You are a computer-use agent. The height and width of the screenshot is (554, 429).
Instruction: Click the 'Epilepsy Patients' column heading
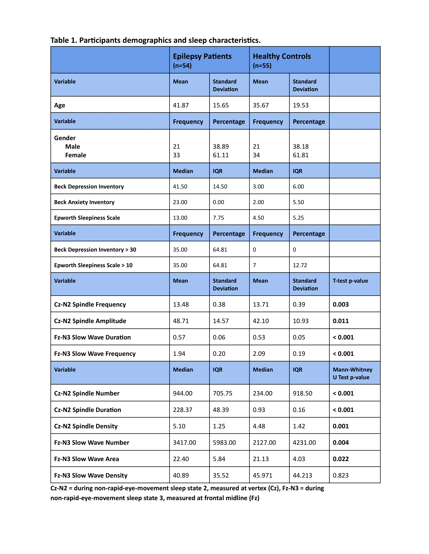202,56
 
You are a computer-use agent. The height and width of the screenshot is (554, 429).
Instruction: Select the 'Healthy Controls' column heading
282,56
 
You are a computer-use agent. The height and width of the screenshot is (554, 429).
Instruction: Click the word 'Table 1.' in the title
64,40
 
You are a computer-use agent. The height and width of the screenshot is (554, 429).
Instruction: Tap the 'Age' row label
60,105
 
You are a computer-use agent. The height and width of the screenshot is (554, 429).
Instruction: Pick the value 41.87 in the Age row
181,105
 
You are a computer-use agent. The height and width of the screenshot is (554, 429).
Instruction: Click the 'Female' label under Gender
75,155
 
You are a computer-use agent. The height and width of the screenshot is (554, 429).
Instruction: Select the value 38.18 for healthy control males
301,147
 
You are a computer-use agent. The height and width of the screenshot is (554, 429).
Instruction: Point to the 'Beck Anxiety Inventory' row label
84,202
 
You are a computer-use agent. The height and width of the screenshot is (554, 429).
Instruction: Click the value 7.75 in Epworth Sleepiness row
218,218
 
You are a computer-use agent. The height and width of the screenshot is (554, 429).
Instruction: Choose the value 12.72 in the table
300,265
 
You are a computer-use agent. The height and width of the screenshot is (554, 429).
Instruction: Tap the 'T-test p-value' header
350,281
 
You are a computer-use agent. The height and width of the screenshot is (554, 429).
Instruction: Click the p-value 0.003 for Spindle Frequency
341,304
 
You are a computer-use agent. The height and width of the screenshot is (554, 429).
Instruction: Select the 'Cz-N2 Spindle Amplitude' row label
90,321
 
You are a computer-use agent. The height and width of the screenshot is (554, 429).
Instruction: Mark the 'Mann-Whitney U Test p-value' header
352,373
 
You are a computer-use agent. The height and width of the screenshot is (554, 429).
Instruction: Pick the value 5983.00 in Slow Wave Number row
224,443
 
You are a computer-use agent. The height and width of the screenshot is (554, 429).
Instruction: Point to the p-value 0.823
341,475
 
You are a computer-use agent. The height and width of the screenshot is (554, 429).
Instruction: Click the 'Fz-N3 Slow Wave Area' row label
86,459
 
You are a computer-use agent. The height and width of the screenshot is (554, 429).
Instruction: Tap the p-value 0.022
341,459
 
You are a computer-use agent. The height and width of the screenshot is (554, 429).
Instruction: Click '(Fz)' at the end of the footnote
254,498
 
